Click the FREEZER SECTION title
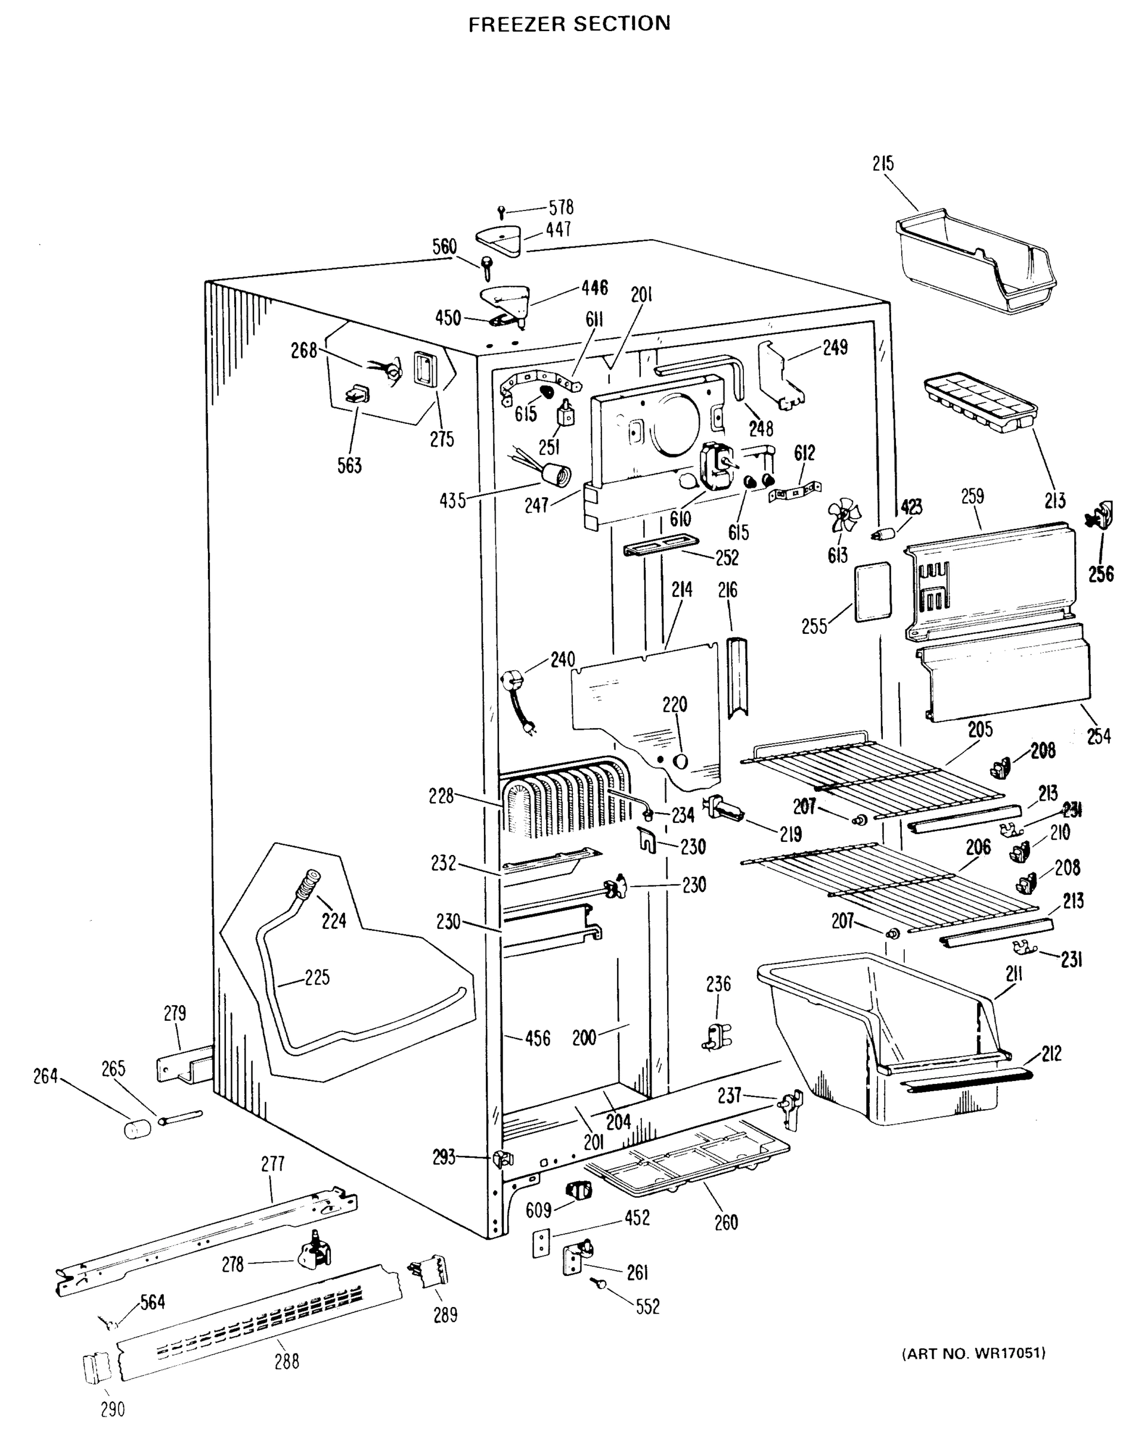pos(569,24)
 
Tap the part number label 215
pos(883,164)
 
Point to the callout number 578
pos(561,207)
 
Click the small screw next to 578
pos(502,212)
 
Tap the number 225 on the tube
pos(317,978)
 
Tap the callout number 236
pos(718,984)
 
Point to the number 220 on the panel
pos(674,705)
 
